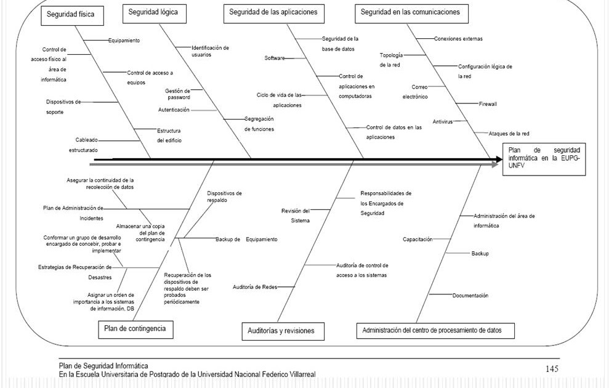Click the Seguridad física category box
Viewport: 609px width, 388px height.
71,15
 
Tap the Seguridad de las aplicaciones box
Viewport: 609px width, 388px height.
273,12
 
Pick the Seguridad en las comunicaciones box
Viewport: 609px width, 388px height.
410,12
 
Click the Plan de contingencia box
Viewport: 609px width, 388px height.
135,329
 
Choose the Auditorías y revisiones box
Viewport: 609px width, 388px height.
281,331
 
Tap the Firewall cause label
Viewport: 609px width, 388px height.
488,104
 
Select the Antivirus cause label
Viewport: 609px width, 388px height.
442,121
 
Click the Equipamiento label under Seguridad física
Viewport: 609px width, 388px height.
124,41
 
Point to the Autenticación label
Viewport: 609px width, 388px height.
174,110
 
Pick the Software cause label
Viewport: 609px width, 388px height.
275,58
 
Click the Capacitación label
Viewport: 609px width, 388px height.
417,239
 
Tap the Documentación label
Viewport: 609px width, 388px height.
470,296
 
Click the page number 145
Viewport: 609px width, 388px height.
552,368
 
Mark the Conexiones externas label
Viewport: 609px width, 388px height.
458,39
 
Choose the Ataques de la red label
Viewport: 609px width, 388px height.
509,134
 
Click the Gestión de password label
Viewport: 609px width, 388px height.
178,94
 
